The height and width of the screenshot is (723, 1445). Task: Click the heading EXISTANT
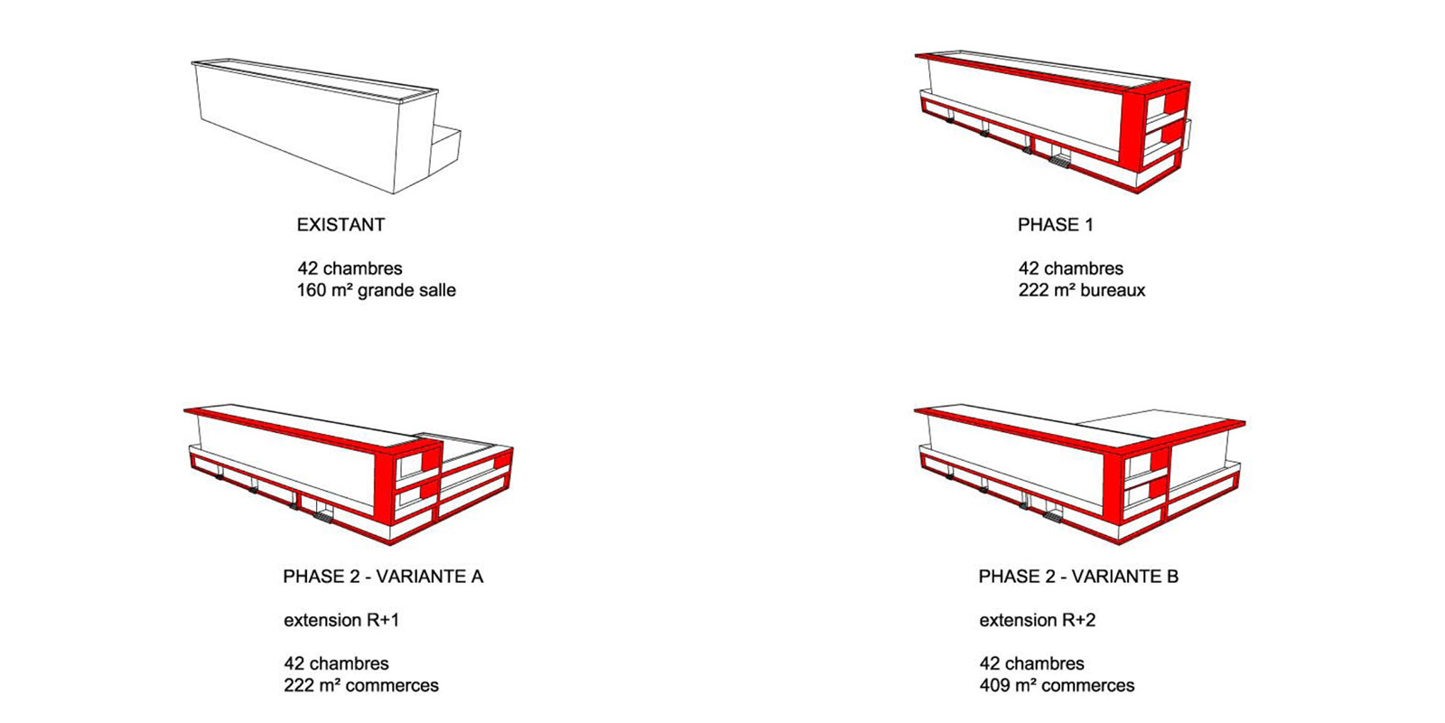tap(340, 225)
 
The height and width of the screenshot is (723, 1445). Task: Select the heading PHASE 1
tap(1056, 225)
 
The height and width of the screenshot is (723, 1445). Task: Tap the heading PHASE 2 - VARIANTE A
tap(383, 577)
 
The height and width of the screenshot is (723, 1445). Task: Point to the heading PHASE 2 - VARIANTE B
tap(1078, 577)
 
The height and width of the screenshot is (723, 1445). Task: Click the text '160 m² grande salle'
tap(376, 290)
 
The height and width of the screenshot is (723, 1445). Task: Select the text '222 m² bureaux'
tap(1082, 290)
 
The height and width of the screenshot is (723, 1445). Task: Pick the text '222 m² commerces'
tap(361, 686)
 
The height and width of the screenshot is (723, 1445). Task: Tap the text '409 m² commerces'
tap(1057, 686)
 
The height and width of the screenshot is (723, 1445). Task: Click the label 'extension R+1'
tap(341, 620)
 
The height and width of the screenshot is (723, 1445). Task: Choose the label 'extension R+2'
tap(1038, 620)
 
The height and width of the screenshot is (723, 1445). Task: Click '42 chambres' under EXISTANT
tap(350, 268)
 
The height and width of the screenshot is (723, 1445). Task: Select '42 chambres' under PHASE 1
tap(1071, 268)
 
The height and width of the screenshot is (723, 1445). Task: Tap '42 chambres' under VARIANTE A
tap(336, 663)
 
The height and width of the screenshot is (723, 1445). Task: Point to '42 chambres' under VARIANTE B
tap(1031, 663)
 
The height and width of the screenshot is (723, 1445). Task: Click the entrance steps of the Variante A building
tap(322, 516)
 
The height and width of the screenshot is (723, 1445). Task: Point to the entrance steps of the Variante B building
tap(1053, 515)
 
